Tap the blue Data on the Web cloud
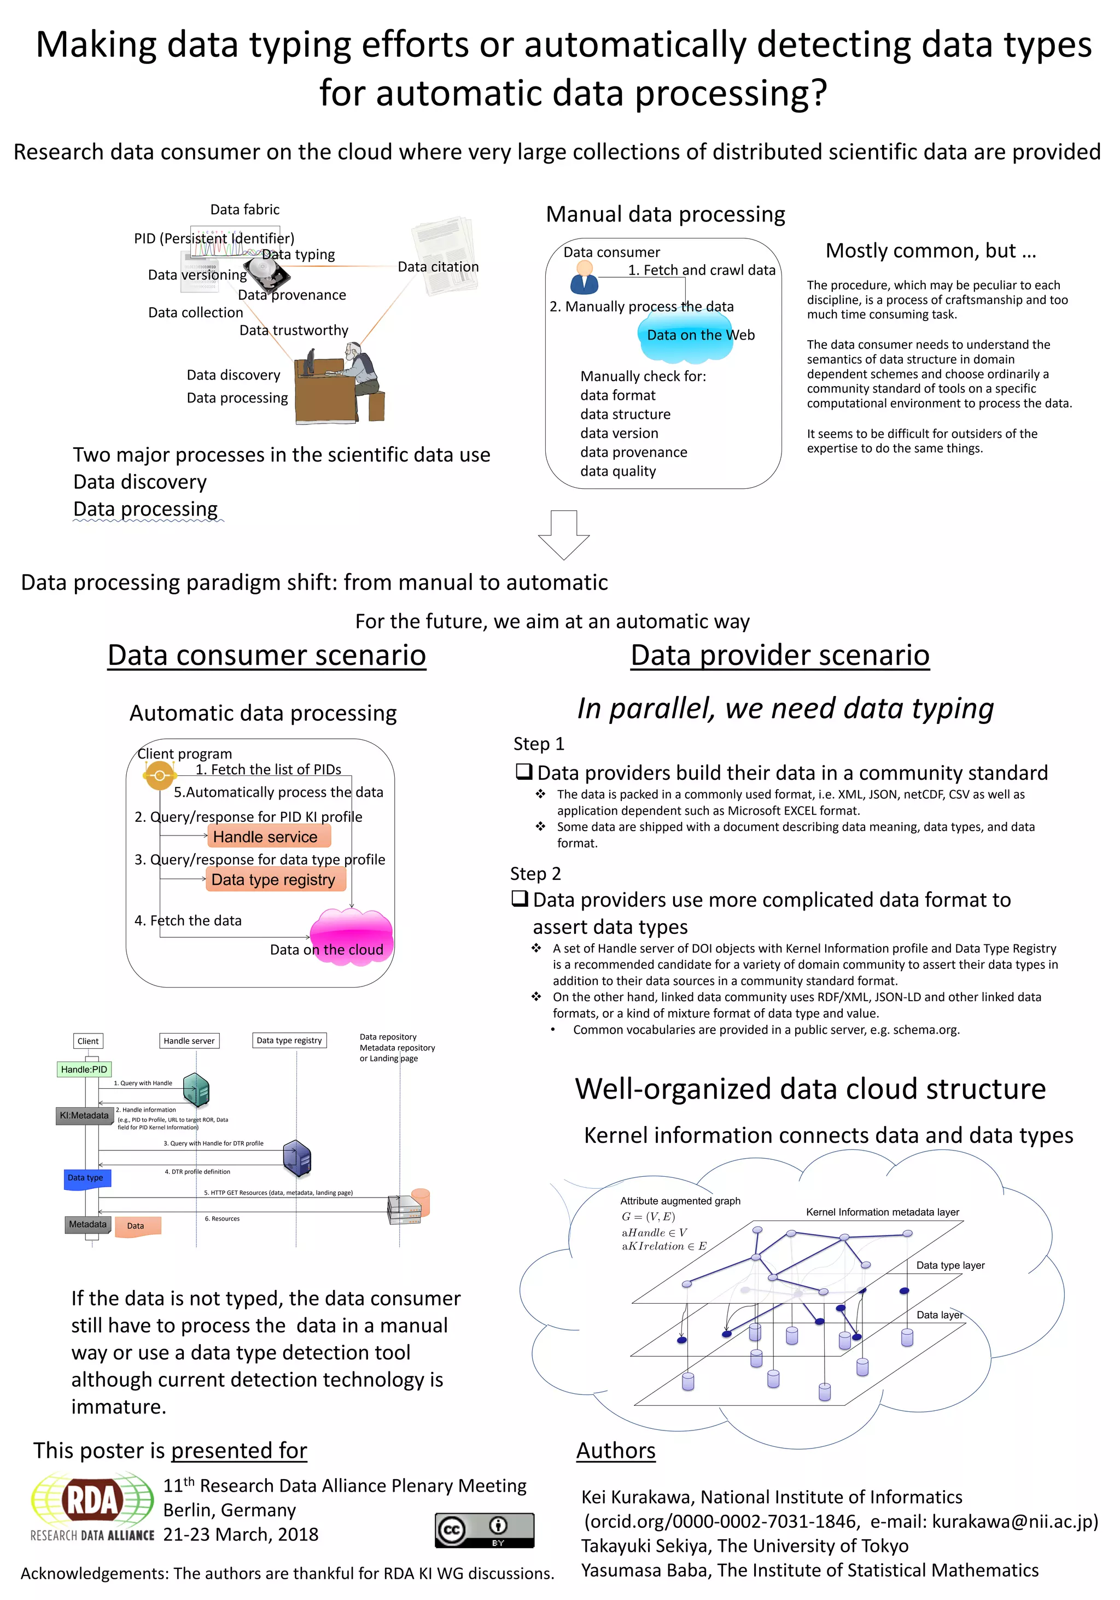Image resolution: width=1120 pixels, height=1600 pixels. [685, 338]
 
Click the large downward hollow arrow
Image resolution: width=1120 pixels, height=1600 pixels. [563, 534]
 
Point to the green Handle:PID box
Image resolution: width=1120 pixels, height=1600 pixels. [84, 1069]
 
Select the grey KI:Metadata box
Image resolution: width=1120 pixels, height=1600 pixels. [84, 1116]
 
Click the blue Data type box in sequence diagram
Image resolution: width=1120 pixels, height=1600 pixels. [86, 1178]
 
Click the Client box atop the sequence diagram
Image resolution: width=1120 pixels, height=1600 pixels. [88, 1041]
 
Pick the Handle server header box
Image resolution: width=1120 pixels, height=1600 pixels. [189, 1041]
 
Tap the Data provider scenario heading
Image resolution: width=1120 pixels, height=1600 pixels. [779, 655]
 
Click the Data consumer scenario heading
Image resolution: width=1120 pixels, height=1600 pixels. [266, 655]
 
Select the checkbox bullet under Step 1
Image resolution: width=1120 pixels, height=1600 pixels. [523, 772]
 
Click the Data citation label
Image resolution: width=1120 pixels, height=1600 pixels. [437, 267]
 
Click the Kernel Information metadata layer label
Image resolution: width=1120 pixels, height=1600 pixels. [882, 1212]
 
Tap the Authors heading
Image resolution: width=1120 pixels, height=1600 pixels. [615, 1450]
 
